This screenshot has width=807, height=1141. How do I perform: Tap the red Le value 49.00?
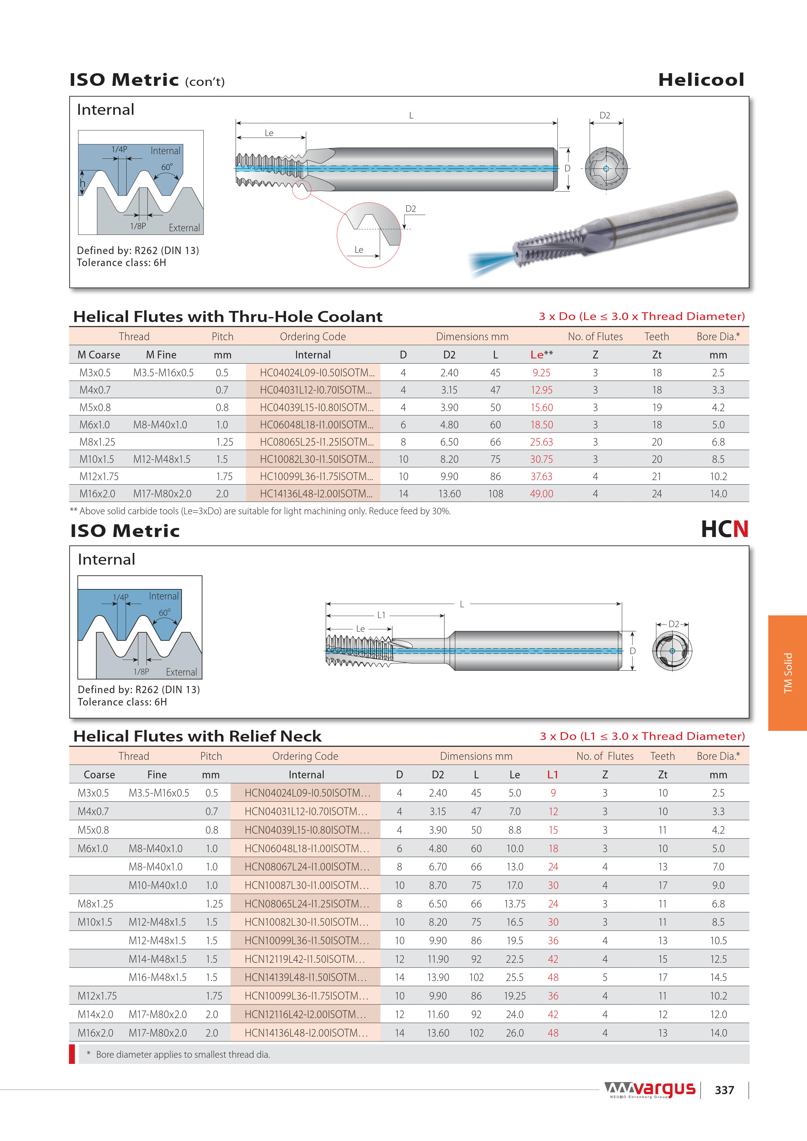point(541,494)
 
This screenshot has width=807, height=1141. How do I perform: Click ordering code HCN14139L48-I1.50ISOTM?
point(305,977)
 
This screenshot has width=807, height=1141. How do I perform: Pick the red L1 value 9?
point(553,793)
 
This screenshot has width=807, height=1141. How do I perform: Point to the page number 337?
point(724,1090)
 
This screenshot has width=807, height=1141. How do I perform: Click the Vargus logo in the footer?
point(650,1089)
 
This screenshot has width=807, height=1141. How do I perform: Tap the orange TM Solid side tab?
point(787,673)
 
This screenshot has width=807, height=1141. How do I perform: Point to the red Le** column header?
point(541,355)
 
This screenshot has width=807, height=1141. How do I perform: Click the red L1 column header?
point(553,775)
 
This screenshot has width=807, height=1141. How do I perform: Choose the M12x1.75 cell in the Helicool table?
point(99,477)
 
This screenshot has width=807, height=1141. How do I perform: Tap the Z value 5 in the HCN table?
point(605,977)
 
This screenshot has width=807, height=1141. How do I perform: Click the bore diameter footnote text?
point(183,1054)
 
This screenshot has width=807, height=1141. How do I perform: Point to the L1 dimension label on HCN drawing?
point(381,615)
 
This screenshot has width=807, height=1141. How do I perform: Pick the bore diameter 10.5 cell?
point(718,941)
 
